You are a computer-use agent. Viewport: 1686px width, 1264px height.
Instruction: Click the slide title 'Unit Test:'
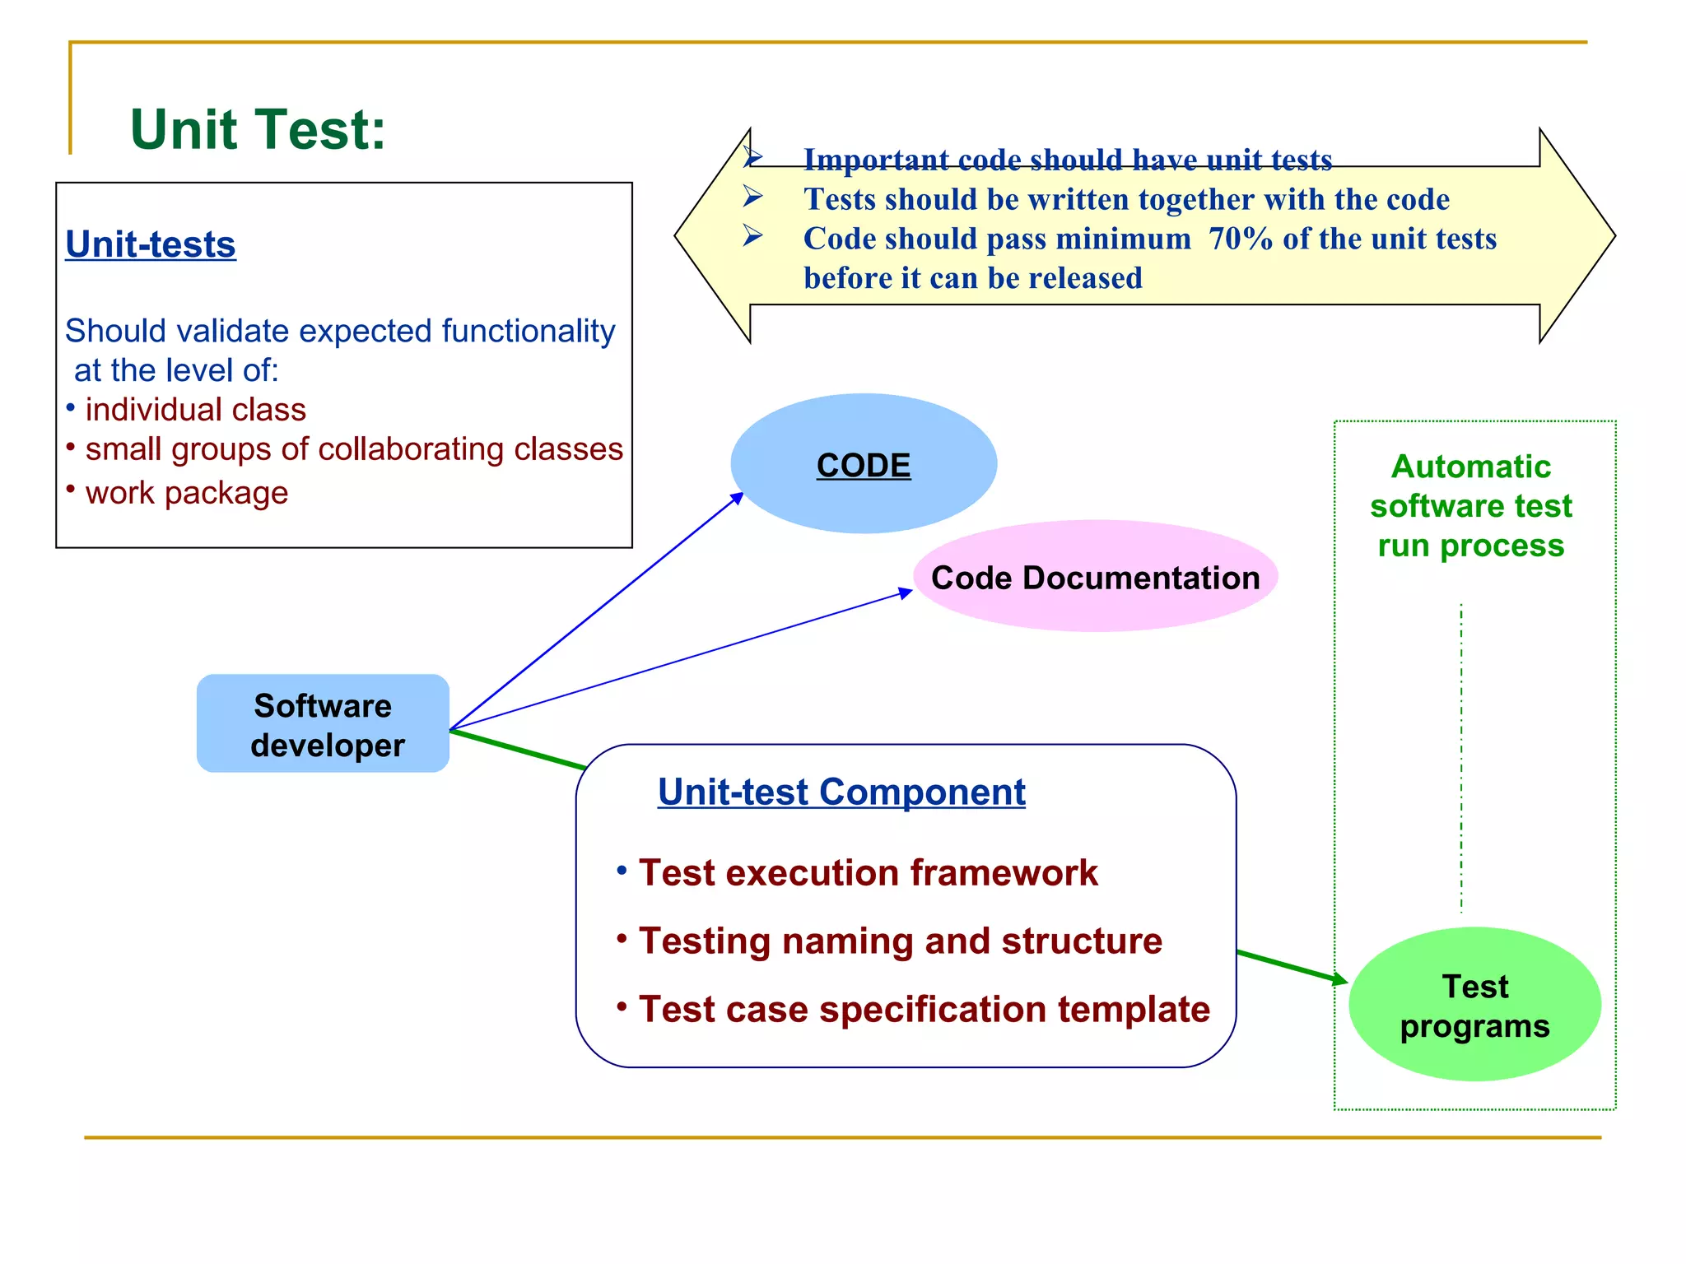click(258, 130)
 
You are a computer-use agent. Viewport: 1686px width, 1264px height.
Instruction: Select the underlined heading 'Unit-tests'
click(151, 244)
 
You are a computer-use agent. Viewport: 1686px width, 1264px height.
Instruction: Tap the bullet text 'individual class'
click(195, 410)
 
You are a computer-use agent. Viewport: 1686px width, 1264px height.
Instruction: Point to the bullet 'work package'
click(186, 493)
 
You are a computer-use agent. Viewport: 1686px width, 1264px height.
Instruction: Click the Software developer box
click(323, 724)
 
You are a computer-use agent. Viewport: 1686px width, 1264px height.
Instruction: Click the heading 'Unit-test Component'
click(841, 792)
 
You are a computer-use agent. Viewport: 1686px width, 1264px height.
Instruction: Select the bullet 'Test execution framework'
click(868, 873)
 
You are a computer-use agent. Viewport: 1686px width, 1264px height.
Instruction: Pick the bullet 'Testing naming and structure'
click(900, 941)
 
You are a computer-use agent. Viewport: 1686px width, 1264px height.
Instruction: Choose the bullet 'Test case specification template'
click(924, 1010)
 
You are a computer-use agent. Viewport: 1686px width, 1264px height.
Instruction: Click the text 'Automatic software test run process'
click(1471, 506)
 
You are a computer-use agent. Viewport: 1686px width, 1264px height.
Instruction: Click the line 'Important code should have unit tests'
click(1068, 160)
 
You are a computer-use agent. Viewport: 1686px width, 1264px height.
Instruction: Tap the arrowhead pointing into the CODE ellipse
click(738, 498)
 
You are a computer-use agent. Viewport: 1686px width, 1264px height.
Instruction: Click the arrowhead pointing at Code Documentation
click(906, 592)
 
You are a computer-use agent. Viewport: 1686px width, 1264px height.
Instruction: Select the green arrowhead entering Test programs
click(1339, 979)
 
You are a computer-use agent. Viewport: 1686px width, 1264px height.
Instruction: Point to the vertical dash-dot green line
click(1461, 757)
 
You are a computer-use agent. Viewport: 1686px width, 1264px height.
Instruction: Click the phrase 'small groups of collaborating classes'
click(354, 449)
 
